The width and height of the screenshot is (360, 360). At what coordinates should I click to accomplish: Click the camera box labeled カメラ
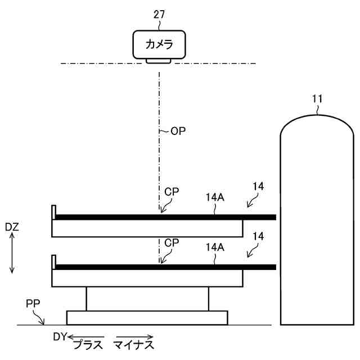tap(159, 44)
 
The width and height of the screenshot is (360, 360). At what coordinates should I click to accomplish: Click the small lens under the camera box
tap(159, 60)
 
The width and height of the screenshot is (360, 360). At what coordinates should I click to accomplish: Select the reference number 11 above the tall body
tap(318, 99)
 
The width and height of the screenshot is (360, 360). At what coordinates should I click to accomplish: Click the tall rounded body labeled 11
tap(318, 225)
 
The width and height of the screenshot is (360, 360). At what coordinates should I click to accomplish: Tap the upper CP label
tap(172, 192)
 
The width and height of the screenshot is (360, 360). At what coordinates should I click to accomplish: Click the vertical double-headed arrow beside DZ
tap(12, 255)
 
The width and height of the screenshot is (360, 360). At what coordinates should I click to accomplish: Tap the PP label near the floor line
tap(33, 304)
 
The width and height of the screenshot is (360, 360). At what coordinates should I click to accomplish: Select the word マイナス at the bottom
tap(133, 344)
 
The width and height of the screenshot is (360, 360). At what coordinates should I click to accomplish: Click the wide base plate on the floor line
tap(147, 318)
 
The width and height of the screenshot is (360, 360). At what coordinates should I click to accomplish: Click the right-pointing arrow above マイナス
tap(133, 336)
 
